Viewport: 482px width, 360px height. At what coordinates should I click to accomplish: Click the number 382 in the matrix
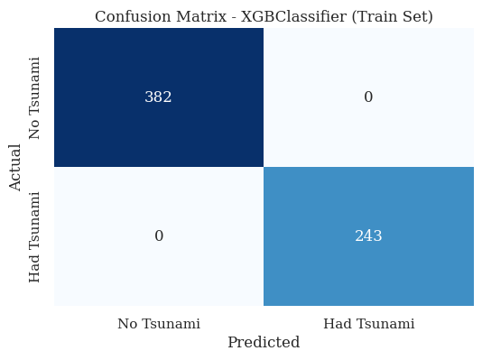pos(158,97)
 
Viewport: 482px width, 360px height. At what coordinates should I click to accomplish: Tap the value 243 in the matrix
pos(368,236)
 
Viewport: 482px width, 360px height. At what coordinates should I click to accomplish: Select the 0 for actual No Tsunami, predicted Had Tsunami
pos(368,97)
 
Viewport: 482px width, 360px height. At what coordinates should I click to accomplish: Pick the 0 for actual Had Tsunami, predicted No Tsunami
pos(159,236)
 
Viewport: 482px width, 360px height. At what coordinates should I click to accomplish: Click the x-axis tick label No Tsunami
pos(159,323)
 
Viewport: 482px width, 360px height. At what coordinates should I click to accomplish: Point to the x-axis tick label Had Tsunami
pos(368,323)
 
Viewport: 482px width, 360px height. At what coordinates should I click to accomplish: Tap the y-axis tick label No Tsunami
pos(35,97)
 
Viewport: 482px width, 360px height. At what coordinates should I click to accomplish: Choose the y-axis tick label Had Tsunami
pos(35,236)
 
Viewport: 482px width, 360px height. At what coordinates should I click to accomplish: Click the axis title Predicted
pos(264,343)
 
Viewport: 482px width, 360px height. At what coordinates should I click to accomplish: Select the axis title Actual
pos(15,167)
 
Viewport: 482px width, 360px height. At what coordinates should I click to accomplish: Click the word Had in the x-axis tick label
pos(336,323)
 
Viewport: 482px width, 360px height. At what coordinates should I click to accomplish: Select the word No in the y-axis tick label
pos(35,129)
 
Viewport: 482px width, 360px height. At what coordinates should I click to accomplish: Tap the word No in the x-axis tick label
pos(127,323)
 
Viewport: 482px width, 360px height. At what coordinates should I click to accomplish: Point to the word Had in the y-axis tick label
pos(35,270)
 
